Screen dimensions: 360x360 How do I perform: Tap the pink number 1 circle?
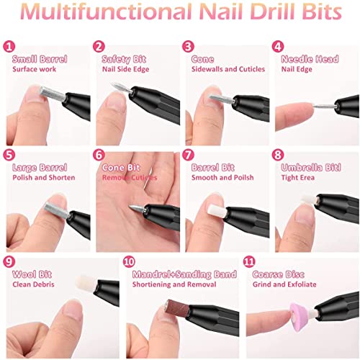point(9,46)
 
